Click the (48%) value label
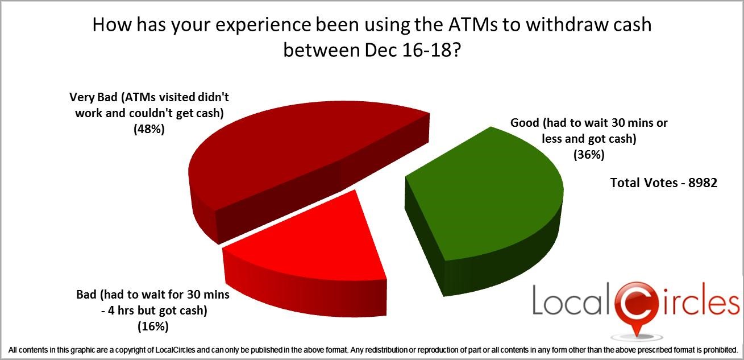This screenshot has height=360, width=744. coord(149,129)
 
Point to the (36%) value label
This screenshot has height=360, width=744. coord(589,155)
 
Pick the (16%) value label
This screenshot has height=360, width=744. coord(153,326)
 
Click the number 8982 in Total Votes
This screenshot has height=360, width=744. coord(703,183)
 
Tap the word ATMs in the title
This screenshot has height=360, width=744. coord(473,24)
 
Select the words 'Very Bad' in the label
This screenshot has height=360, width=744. coord(93,97)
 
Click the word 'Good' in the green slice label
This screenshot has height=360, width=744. coord(525,123)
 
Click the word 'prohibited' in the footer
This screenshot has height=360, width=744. coord(720,350)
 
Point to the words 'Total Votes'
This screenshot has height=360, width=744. coord(644,183)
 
